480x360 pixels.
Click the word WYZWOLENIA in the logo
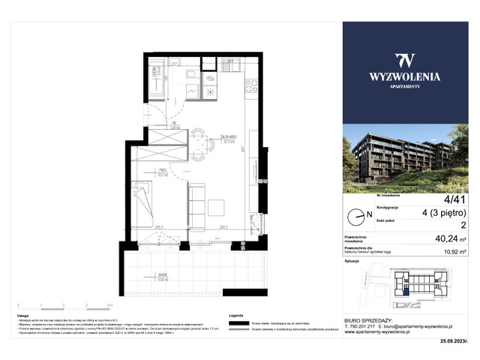point(404,76)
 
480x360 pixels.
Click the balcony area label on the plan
point(163,274)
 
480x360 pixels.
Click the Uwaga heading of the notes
point(23,316)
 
